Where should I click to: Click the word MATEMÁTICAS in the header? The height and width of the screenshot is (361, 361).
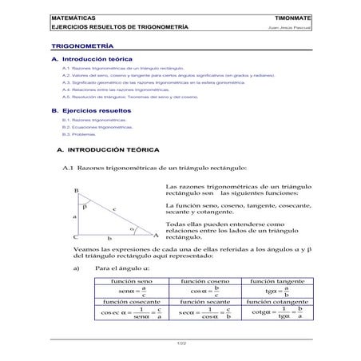pyautogui.click(x=71, y=15)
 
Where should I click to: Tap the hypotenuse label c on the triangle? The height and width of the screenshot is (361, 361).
pyautogui.click(x=113, y=209)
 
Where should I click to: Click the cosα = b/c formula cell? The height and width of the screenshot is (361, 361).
pyautogui.click(x=205, y=292)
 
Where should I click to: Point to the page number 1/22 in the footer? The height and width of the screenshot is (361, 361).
pyautogui.click(x=181, y=343)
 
